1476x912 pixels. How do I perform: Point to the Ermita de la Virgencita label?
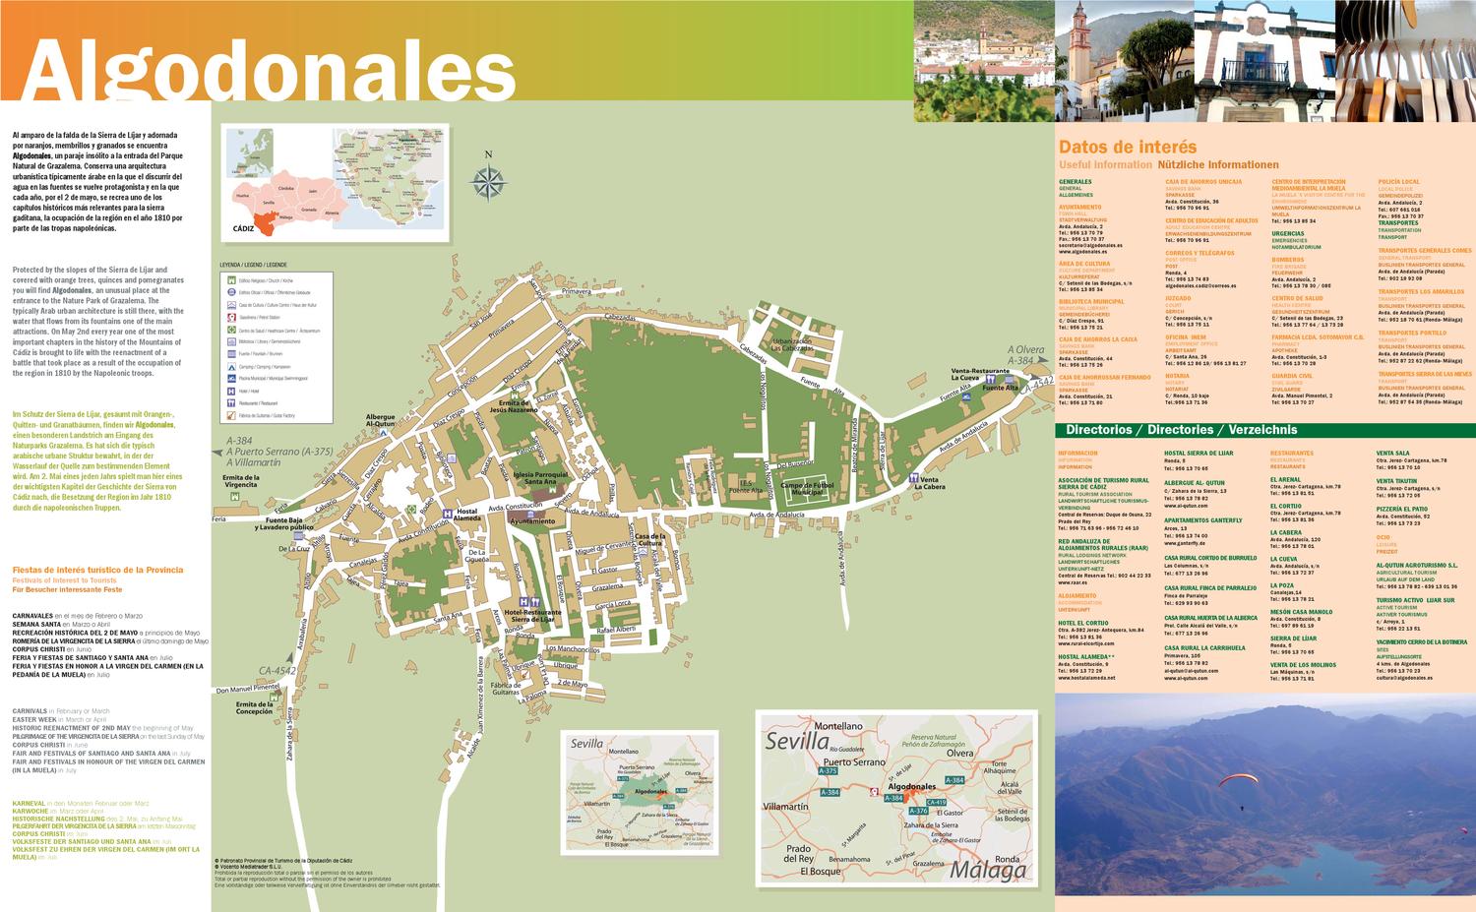coord(240,481)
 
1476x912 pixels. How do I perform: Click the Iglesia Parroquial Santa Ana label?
coord(541,478)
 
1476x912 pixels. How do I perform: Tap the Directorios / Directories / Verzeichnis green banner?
coord(1181,430)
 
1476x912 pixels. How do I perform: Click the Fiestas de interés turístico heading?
coord(97,570)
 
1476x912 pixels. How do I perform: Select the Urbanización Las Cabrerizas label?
coord(792,344)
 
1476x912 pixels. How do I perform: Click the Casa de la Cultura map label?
coord(650,539)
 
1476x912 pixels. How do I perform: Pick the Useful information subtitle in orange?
coord(1104,165)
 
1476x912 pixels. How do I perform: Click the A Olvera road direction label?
coord(1024,349)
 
